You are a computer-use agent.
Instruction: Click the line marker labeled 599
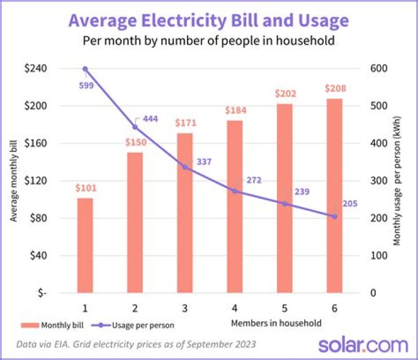pos(85,69)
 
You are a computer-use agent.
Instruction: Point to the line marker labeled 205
pos(334,216)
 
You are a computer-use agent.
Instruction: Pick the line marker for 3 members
pos(185,167)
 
